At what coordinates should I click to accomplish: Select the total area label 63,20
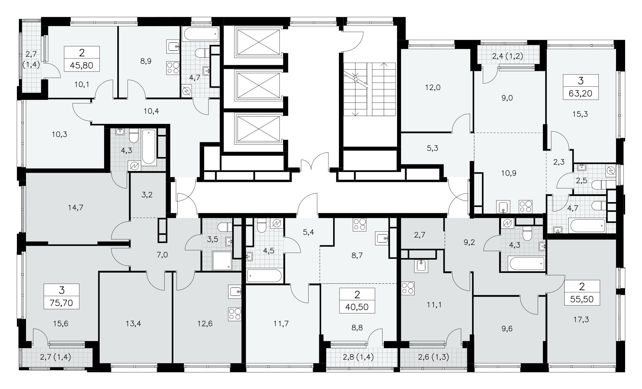click(x=581, y=93)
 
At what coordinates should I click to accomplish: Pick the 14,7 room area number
click(x=75, y=207)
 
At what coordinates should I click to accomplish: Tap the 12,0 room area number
click(x=433, y=87)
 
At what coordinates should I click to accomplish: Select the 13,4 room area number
click(x=133, y=324)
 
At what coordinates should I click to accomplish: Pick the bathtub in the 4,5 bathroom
click(x=264, y=276)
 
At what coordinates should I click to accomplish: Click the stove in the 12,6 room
click(x=235, y=314)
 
